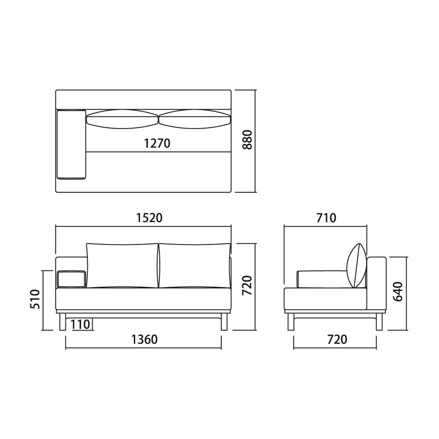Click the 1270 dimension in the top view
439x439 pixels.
click(157, 144)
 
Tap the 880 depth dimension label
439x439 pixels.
click(247, 140)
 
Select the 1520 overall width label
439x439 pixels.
click(149, 218)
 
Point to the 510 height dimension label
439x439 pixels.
click(35, 299)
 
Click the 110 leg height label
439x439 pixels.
click(80, 324)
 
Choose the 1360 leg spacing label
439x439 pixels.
click(144, 340)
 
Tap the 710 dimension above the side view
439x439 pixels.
click(326, 218)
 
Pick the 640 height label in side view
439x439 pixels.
click(398, 291)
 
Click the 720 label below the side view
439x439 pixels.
click(337, 340)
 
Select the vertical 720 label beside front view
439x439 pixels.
click(247, 285)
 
